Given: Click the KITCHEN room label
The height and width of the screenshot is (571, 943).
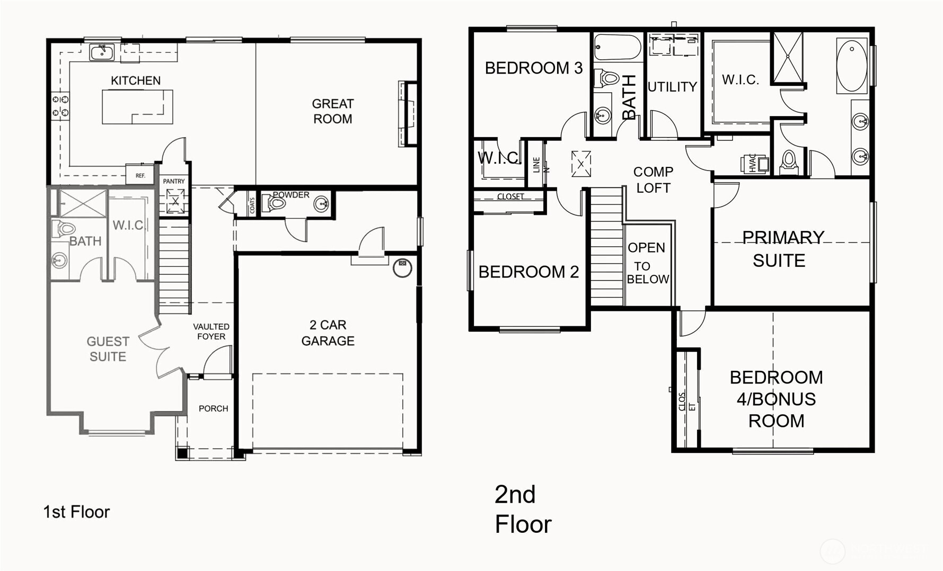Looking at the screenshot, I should pyautogui.click(x=135, y=81).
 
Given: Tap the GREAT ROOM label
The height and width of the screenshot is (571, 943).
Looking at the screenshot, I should pyautogui.click(x=332, y=111).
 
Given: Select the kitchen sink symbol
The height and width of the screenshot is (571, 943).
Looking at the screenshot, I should pyautogui.click(x=101, y=52).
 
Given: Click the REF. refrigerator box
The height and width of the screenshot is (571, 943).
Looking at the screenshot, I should pyautogui.click(x=140, y=175).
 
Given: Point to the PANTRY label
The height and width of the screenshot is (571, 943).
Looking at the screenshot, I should pyautogui.click(x=174, y=181).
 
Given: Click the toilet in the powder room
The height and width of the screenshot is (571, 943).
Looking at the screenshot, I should pyautogui.click(x=276, y=203).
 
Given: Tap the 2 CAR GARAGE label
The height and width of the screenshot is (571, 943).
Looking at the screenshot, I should pyautogui.click(x=328, y=333).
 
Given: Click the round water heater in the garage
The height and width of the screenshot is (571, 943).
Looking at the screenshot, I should pyautogui.click(x=402, y=267).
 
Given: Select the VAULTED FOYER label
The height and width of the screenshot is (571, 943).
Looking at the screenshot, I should pyautogui.click(x=211, y=332).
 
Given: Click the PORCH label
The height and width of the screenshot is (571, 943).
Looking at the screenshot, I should pyautogui.click(x=213, y=408).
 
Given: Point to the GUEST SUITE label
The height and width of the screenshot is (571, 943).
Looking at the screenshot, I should pyautogui.click(x=108, y=349).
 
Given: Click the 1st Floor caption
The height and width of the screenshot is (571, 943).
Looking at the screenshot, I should pyautogui.click(x=76, y=512).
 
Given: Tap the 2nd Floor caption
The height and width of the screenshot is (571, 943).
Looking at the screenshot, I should pyautogui.click(x=523, y=509).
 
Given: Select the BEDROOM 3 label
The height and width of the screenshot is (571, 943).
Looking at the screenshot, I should pyautogui.click(x=533, y=68).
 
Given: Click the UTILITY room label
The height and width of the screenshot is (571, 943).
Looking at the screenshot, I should pyautogui.click(x=672, y=87).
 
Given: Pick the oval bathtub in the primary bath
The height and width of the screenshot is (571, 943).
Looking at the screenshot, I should pyautogui.click(x=852, y=66).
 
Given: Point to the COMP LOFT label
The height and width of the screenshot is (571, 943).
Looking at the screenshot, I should pyautogui.click(x=653, y=180).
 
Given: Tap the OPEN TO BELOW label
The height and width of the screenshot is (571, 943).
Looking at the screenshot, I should pyautogui.click(x=647, y=263).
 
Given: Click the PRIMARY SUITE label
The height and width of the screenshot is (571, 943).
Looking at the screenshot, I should pyautogui.click(x=782, y=249).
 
